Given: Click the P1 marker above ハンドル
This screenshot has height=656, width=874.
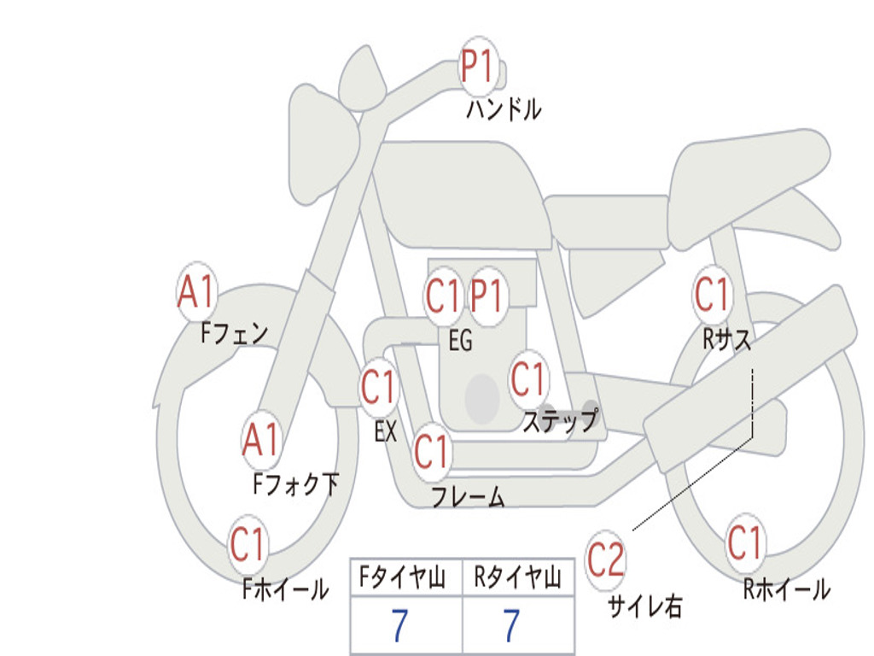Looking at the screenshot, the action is coord(478,65).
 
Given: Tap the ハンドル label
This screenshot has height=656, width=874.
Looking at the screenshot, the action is coord(504,109).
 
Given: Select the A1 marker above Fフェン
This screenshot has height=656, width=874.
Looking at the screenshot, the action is coord(197,291).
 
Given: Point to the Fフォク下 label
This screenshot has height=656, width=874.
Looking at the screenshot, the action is coord(296,483).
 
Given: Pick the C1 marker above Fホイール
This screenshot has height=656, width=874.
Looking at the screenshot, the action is coord(247,544).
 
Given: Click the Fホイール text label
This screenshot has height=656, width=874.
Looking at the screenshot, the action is coord(285,589).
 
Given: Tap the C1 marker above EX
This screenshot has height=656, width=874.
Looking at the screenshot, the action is coord(378,387).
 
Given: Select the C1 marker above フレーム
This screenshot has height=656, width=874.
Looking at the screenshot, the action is coord(431,451).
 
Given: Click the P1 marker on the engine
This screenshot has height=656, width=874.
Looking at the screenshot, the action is coord(487,296).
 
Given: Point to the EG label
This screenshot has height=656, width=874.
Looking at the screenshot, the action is coord(460,340).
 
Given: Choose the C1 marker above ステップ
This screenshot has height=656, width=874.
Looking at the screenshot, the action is coord(527,379).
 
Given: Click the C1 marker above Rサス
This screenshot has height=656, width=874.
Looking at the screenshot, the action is coord(712,294).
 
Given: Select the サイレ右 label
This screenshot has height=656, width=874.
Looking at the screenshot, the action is coord(645,606).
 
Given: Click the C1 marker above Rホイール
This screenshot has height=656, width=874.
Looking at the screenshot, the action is coord(744,542).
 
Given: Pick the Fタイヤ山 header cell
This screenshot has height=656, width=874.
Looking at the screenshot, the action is coord(406,577).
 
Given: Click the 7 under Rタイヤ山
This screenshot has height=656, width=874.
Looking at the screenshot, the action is coord(512,624).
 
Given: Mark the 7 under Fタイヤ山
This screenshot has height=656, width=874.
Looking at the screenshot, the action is coord(399,624).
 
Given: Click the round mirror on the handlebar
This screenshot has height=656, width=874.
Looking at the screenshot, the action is coord(362,79).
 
